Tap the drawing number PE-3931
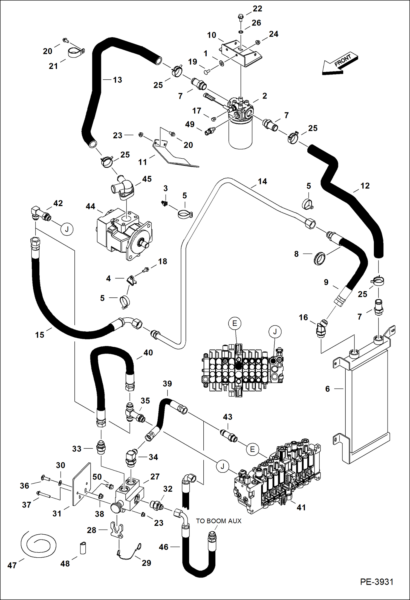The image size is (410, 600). [377, 582]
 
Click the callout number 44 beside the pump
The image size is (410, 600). [90, 206]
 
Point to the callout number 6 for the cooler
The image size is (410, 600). [328, 389]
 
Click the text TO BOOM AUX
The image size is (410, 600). [218, 521]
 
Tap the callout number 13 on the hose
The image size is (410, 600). [117, 80]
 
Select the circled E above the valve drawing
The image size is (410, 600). [235, 323]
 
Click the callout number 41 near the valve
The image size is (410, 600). [301, 507]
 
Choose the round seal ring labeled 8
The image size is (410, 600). [319, 258]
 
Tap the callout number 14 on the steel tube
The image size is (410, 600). [262, 181]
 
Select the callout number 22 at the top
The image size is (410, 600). [257, 9]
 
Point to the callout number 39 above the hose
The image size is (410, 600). [167, 384]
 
